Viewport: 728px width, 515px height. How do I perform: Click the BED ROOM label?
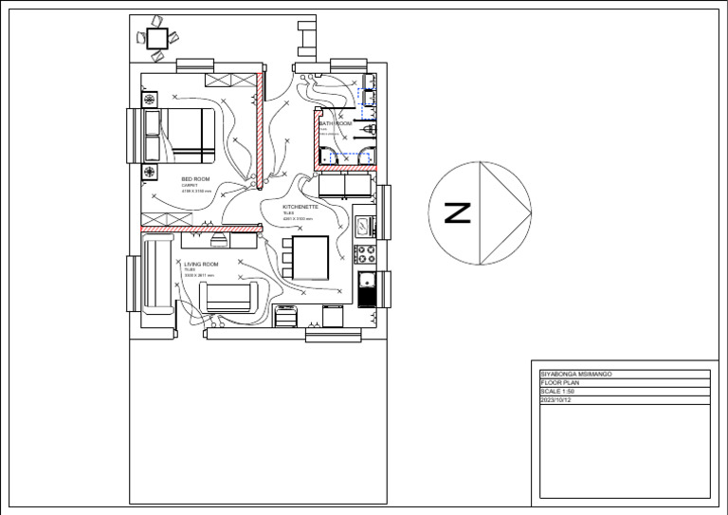[x=195, y=178]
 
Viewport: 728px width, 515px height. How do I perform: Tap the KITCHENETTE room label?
[x=300, y=206]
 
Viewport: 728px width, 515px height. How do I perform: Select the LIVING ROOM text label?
[x=201, y=265]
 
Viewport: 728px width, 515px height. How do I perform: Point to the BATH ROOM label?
[x=336, y=124]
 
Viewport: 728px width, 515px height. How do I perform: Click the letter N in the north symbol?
[x=457, y=212]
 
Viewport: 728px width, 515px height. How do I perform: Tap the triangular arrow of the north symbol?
[x=502, y=212]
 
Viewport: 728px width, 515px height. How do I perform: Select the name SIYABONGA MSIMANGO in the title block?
[x=575, y=375]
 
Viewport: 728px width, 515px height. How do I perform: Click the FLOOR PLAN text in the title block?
[x=558, y=383]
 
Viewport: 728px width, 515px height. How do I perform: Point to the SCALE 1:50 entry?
[x=557, y=392]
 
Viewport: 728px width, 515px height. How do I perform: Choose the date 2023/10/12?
[x=556, y=400]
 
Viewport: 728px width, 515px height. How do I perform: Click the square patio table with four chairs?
[x=157, y=38]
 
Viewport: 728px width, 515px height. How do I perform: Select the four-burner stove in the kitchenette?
[x=365, y=254]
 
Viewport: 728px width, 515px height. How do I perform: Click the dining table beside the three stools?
[x=311, y=258]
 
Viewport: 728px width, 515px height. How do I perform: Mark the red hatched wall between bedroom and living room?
[x=200, y=229]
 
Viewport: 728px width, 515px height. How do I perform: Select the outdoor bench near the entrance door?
[x=306, y=39]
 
